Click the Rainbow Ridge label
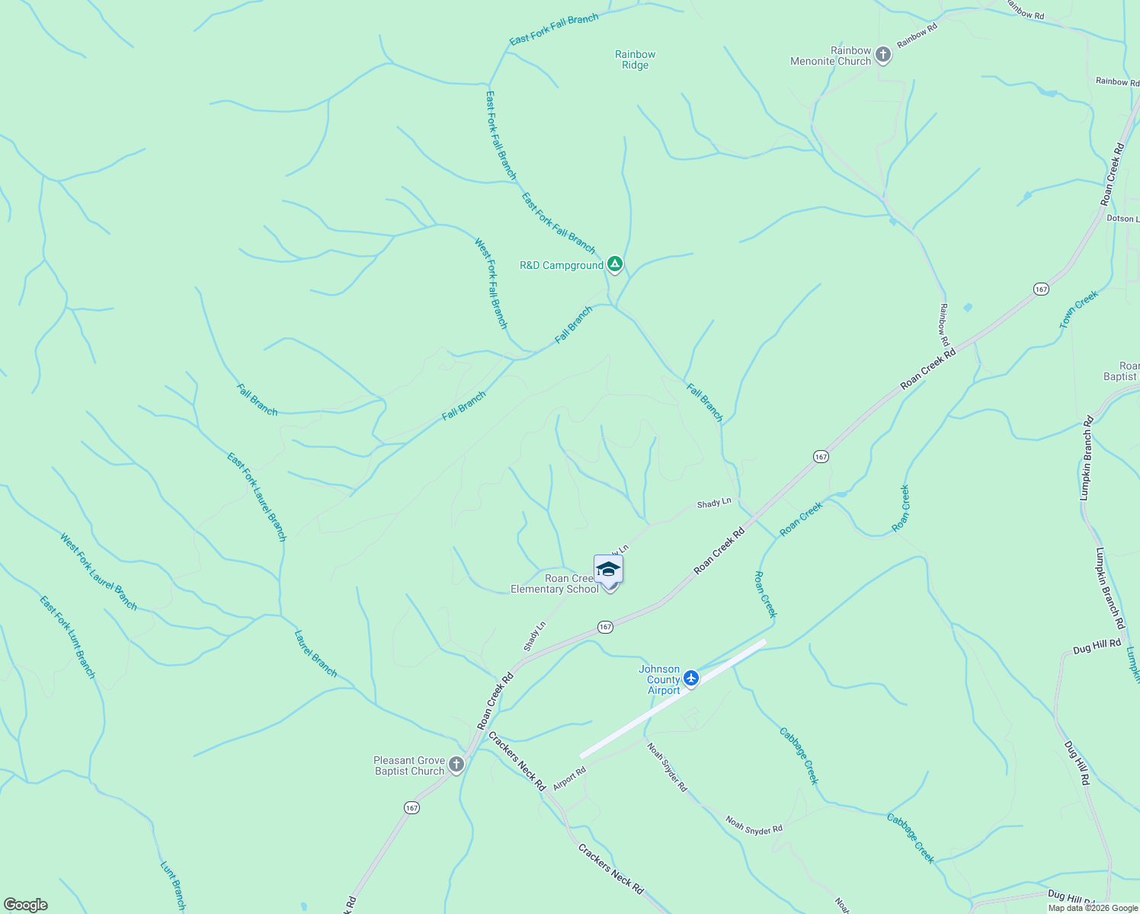point(635,59)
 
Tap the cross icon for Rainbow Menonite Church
point(883,55)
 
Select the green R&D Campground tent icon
point(615,265)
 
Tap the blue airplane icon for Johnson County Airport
point(691,677)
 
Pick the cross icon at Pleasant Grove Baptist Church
point(456,765)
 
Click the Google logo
point(25,905)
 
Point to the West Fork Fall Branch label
point(491,283)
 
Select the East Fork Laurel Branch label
point(257,497)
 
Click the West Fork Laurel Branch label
point(99,572)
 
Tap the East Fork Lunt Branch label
point(68,637)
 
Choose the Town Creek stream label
point(1079,310)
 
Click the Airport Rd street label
point(569,778)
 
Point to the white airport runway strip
point(673,698)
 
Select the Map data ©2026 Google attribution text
point(1093,908)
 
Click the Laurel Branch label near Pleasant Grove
point(315,654)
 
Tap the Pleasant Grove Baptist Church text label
point(409,765)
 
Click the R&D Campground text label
point(562,266)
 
